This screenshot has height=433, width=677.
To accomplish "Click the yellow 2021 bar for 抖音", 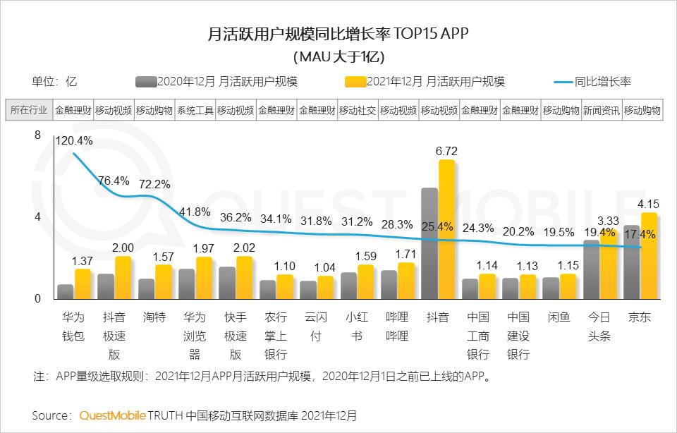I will pos(446,229).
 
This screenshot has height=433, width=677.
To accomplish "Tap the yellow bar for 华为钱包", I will pos(83,283).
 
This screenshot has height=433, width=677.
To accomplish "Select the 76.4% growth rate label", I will pos(113,181).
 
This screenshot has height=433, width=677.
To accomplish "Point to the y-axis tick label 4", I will pos(38,216).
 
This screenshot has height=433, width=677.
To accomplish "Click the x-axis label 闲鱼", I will pos(559,318).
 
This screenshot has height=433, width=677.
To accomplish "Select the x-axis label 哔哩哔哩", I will pos(398,327).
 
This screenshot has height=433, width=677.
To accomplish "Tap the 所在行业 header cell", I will pos(30,110).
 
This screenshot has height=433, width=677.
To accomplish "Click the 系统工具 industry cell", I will pos(195,110).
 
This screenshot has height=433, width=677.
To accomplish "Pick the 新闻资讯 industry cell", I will pos(602,110).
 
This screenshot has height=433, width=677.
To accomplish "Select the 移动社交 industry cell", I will pos(358,110).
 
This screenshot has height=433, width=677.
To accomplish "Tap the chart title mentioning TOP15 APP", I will pos(338,33).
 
